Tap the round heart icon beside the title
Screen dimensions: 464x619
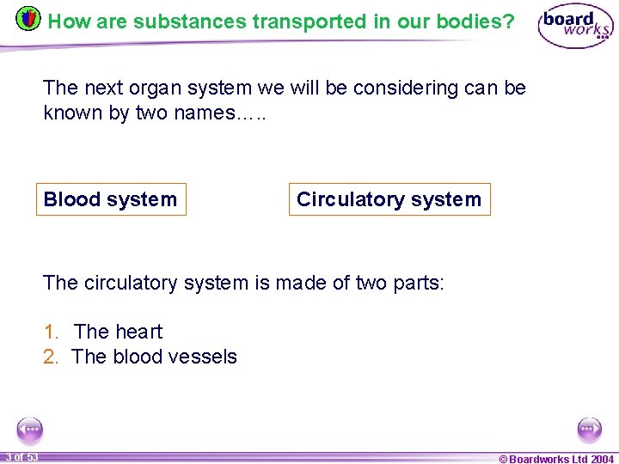click(x=28, y=19)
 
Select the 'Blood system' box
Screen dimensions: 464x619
click(x=110, y=199)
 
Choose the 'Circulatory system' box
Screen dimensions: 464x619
click(x=389, y=199)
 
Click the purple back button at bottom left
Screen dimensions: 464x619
click(x=30, y=429)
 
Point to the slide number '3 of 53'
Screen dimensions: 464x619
click(x=21, y=457)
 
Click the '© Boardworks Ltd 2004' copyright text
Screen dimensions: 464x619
click(x=556, y=458)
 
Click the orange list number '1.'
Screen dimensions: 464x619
click(x=52, y=332)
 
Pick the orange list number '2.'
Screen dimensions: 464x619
click(x=52, y=357)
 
